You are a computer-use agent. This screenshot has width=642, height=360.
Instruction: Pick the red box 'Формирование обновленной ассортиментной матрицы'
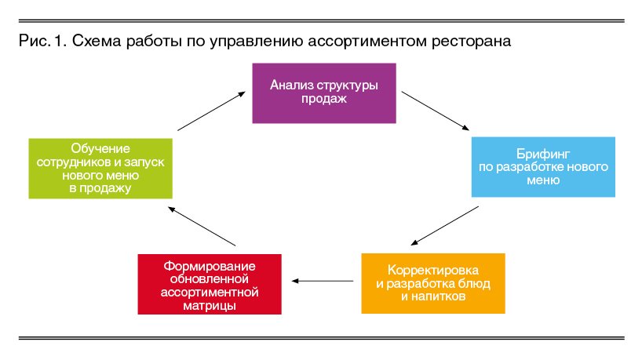[209, 282]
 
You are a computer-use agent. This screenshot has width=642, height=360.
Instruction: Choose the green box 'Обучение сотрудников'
[100, 167]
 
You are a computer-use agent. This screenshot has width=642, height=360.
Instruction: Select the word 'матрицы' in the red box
[209, 305]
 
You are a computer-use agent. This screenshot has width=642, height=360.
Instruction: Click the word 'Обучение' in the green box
[100, 148]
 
